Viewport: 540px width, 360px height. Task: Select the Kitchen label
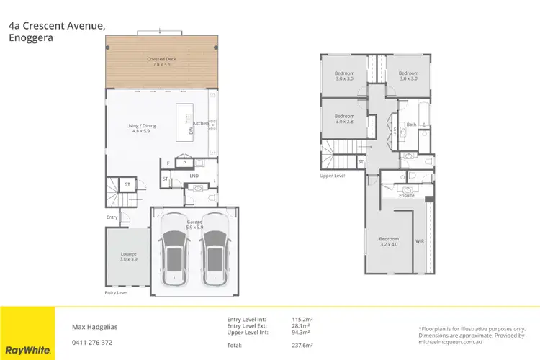click(x=200, y=123)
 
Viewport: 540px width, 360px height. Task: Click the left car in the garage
click(x=174, y=251)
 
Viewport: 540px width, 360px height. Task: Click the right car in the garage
click(x=214, y=251)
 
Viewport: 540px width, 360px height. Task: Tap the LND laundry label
click(x=194, y=175)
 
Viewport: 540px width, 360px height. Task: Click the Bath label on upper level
click(x=410, y=125)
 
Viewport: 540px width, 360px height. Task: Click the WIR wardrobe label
click(x=420, y=240)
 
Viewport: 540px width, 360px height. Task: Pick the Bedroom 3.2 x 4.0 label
click(x=389, y=242)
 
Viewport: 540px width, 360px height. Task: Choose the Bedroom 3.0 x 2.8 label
click(x=344, y=119)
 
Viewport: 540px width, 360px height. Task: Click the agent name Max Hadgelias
click(x=94, y=325)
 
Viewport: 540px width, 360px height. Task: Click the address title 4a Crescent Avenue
click(x=58, y=26)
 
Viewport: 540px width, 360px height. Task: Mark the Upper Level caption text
click(x=333, y=176)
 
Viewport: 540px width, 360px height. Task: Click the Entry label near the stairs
click(x=112, y=216)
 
